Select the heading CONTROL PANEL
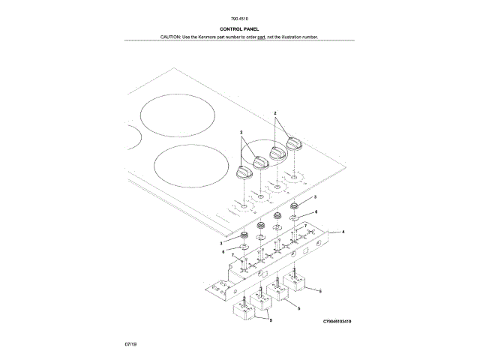point(241,28)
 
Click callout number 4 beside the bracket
point(343,232)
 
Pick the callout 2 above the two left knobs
point(241,133)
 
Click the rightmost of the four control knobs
point(292,144)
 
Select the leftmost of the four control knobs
point(243,172)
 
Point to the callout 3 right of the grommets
point(316,196)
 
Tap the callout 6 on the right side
point(316,212)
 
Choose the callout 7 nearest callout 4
point(305,226)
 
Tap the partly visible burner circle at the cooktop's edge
point(133,136)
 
